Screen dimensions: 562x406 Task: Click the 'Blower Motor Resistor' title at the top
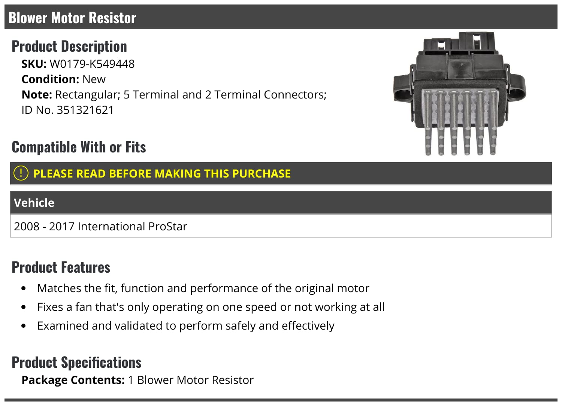[x=72, y=18]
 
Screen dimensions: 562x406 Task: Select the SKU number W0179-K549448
[x=92, y=64]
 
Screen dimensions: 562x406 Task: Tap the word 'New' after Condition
[x=94, y=79]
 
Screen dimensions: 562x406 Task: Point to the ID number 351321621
[x=85, y=110]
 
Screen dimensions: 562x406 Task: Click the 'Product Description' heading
[x=69, y=46]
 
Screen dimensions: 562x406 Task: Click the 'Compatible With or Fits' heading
[x=79, y=147]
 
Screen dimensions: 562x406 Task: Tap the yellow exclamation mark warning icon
[x=21, y=173]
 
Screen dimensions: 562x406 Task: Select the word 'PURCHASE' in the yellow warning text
[x=261, y=174]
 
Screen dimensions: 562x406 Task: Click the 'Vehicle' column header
[x=34, y=203]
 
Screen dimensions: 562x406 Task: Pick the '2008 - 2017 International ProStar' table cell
[x=100, y=227]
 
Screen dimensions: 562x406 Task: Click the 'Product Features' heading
[x=61, y=267]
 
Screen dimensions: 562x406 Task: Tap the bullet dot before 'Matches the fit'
[x=24, y=289]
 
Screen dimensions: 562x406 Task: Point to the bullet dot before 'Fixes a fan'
[x=24, y=307]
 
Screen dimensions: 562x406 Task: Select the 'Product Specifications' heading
[x=76, y=363]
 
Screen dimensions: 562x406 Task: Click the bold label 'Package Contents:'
[x=73, y=380]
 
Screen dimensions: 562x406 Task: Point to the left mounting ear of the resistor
[x=403, y=88]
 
